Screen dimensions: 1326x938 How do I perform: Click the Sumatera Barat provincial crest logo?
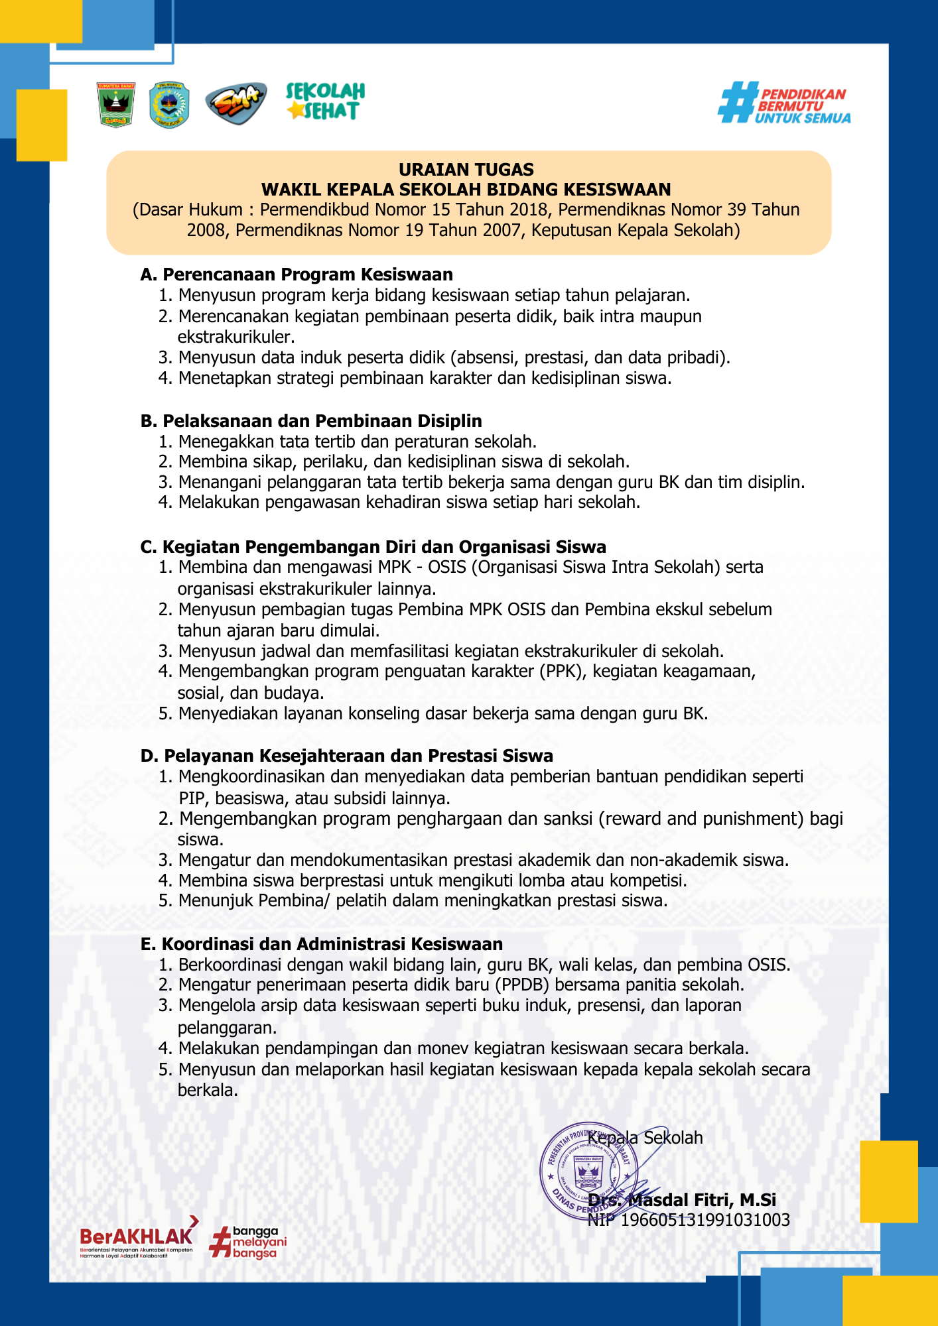116,105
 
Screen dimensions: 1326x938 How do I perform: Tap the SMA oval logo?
235,103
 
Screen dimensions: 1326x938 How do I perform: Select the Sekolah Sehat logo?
325,101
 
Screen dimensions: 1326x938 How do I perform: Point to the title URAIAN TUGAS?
466,170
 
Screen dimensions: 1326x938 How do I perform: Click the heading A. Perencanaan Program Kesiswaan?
297,274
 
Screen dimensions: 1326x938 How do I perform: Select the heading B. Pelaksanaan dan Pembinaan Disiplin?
311,421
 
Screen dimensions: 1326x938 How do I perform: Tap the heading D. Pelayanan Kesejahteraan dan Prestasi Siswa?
346,756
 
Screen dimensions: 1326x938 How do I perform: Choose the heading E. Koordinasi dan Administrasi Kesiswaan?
322,944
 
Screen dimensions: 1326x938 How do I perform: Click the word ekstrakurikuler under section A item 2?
235,337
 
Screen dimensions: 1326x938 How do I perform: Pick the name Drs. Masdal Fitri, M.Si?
682,1200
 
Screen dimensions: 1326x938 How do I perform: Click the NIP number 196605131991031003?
704,1220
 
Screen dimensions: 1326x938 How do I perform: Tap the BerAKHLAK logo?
137,1238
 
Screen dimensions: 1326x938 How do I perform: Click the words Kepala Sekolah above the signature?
645,1138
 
